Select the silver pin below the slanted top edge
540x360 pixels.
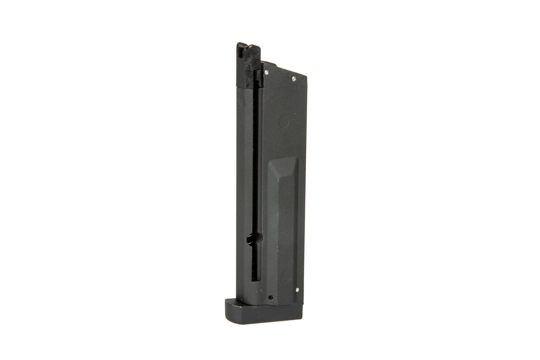tap(294, 79)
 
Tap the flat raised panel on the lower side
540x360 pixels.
tap(286, 230)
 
